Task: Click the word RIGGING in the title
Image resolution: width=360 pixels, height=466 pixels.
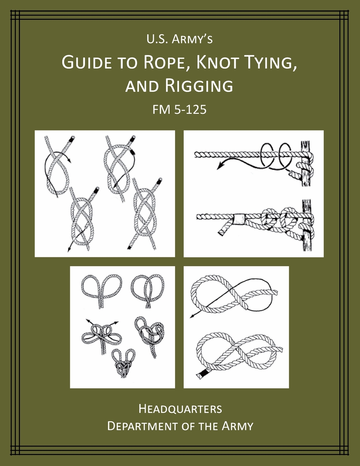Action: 199,86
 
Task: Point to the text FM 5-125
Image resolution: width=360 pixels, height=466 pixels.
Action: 179,110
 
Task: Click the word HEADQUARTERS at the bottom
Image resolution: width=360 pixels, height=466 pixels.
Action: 180,409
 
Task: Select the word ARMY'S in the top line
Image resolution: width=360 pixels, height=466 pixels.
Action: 192,39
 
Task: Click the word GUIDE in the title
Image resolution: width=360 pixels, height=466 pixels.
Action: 87,63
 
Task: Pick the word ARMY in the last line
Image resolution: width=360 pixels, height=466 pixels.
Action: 237,426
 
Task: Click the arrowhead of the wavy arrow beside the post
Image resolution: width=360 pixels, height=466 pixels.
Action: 219,167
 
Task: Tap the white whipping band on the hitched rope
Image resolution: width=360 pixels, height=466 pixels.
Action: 239,219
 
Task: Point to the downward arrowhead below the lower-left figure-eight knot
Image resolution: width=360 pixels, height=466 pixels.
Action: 69,250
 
